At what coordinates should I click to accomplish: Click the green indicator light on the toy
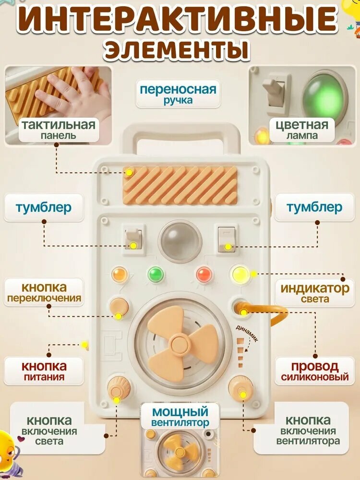click(x=156, y=274)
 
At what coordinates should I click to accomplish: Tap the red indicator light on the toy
click(x=204, y=275)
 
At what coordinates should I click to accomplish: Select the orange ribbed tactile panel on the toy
click(x=180, y=185)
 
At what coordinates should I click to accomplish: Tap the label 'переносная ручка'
click(x=178, y=94)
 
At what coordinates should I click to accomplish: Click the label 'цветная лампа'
click(x=302, y=130)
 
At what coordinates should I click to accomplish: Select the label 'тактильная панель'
click(x=59, y=130)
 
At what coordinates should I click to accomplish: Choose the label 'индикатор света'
click(x=315, y=293)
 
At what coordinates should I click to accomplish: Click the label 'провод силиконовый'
click(x=315, y=372)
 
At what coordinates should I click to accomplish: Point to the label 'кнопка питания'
click(x=44, y=372)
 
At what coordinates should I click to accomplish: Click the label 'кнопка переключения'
click(x=44, y=293)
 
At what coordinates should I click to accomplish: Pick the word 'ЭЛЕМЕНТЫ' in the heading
click(x=177, y=49)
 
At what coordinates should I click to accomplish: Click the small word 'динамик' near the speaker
click(x=247, y=333)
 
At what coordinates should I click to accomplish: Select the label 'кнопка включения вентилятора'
click(x=308, y=431)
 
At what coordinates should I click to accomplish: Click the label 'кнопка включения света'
click(x=49, y=431)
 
